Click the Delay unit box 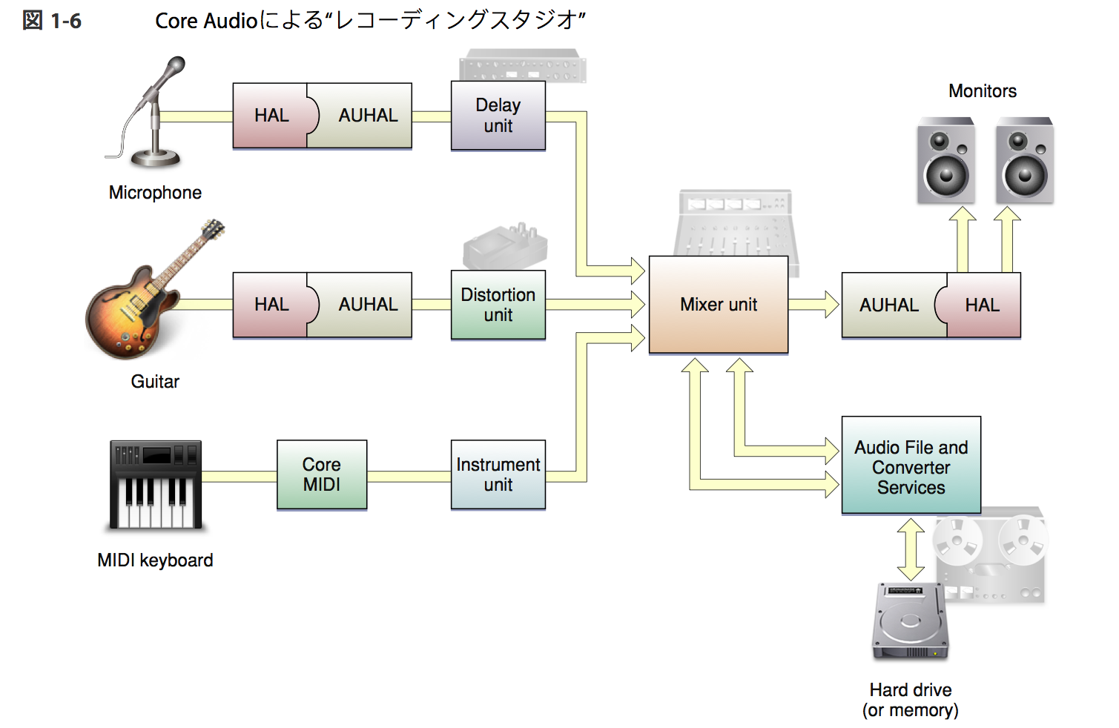(498, 116)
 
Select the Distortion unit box (498, 305)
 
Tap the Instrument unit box (498, 474)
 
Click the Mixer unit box (718, 305)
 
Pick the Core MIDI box (321, 474)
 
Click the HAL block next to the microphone (271, 116)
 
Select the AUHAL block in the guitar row (367, 305)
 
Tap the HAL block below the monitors (982, 305)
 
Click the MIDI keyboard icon (156, 485)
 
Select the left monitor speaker (945, 161)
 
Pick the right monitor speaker (1024, 161)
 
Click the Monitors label (982, 91)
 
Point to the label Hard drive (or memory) (910, 700)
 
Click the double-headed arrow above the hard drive (911, 549)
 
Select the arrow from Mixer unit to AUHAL (813, 305)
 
